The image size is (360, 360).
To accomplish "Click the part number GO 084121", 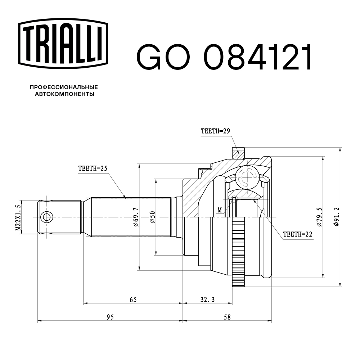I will (x=224, y=58).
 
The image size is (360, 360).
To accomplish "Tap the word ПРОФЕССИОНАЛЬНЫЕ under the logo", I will (x=64, y=87).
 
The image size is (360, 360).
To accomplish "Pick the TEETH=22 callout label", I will (x=297, y=234).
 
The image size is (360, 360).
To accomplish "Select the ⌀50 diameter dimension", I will (x=153, y=218).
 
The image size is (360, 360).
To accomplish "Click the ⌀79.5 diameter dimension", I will (x=319, y=217).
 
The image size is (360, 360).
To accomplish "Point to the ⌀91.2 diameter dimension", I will (x=336, y=217).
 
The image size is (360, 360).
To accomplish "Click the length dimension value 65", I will (x=133, y=299).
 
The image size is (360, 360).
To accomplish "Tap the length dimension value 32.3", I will (x=207, y=299).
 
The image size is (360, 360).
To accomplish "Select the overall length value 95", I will (x=110, y=317).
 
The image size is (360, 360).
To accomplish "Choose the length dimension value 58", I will (x=227, y=317).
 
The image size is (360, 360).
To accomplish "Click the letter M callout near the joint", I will (x=219, y=210).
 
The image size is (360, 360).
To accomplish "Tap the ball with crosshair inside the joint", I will (x=248, y=177).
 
